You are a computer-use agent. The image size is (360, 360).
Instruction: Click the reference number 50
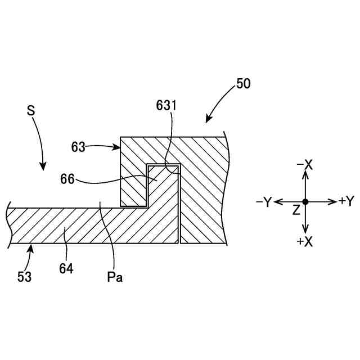[x=243, y=84]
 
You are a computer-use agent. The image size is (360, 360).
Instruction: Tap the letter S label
[x=31, y=110]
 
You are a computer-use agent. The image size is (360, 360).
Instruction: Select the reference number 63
[x=78, y=147]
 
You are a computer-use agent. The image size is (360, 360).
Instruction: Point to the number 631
[x=166, y=105]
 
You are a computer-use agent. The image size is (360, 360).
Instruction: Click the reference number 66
[x=67, y=179]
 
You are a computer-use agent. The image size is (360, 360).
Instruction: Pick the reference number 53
[x=24, y=276]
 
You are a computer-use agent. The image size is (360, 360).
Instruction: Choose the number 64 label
[x=66, y=269]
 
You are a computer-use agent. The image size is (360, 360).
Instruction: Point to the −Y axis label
[x=263, y=202]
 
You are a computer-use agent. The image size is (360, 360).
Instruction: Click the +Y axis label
[x=346, y=201]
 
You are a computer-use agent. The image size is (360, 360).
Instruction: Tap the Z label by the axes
[x=296, y=210]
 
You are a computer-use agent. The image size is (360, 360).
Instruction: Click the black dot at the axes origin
[x=305, y=201]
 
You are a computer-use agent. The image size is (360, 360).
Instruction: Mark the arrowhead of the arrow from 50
[x=208, y=120]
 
